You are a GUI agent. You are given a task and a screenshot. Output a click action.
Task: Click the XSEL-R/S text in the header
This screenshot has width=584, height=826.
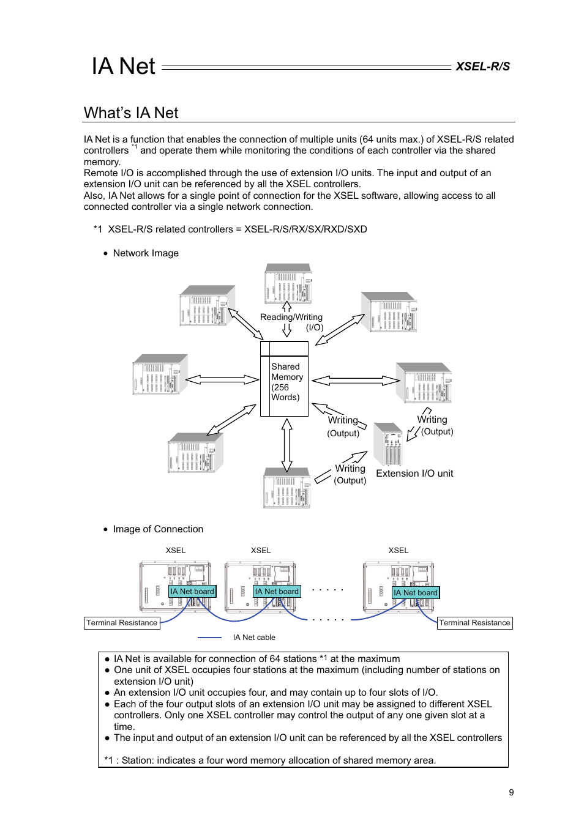482,67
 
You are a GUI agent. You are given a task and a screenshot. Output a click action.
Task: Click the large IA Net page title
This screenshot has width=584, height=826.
124,66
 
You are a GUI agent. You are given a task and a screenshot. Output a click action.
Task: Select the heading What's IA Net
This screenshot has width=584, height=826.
131,113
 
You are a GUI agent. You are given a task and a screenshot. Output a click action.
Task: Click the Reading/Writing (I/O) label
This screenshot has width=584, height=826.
291,322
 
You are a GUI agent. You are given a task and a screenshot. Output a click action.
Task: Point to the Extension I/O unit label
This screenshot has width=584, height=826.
414,474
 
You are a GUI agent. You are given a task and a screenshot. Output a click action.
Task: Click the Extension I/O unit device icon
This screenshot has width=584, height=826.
387,444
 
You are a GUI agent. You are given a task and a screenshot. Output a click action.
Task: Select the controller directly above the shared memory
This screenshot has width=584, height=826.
288,283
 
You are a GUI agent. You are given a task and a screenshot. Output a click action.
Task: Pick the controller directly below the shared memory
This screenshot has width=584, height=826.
287,488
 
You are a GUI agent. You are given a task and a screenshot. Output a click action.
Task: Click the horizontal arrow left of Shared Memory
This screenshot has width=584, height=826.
222,380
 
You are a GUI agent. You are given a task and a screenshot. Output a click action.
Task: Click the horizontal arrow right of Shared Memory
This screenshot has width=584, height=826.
356,381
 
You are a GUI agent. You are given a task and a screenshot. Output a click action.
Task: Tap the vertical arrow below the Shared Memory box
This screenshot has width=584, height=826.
286,445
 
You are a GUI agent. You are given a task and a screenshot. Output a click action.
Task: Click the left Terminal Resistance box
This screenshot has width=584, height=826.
122,623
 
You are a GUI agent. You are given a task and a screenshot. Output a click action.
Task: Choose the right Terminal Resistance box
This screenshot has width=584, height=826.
474,623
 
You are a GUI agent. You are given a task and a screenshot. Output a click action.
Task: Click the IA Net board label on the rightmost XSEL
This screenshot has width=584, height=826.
416,592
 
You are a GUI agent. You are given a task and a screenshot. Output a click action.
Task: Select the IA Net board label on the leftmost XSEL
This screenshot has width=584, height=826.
192,592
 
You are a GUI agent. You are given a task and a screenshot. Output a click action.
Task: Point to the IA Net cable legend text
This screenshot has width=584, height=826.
254,638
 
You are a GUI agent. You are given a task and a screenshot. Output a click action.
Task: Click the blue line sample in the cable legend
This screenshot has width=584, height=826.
209,638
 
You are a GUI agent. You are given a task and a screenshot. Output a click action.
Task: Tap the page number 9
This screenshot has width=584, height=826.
511,792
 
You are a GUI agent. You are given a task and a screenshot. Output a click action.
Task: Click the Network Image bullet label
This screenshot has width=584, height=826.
146,253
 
